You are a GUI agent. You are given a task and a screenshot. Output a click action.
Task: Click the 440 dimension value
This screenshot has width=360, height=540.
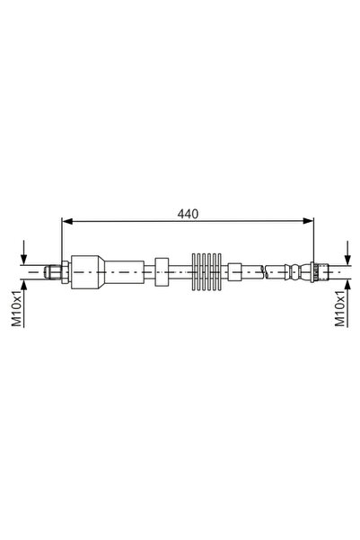[187, 214]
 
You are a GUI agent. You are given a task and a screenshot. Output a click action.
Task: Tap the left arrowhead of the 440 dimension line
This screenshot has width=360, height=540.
[66, 222]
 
